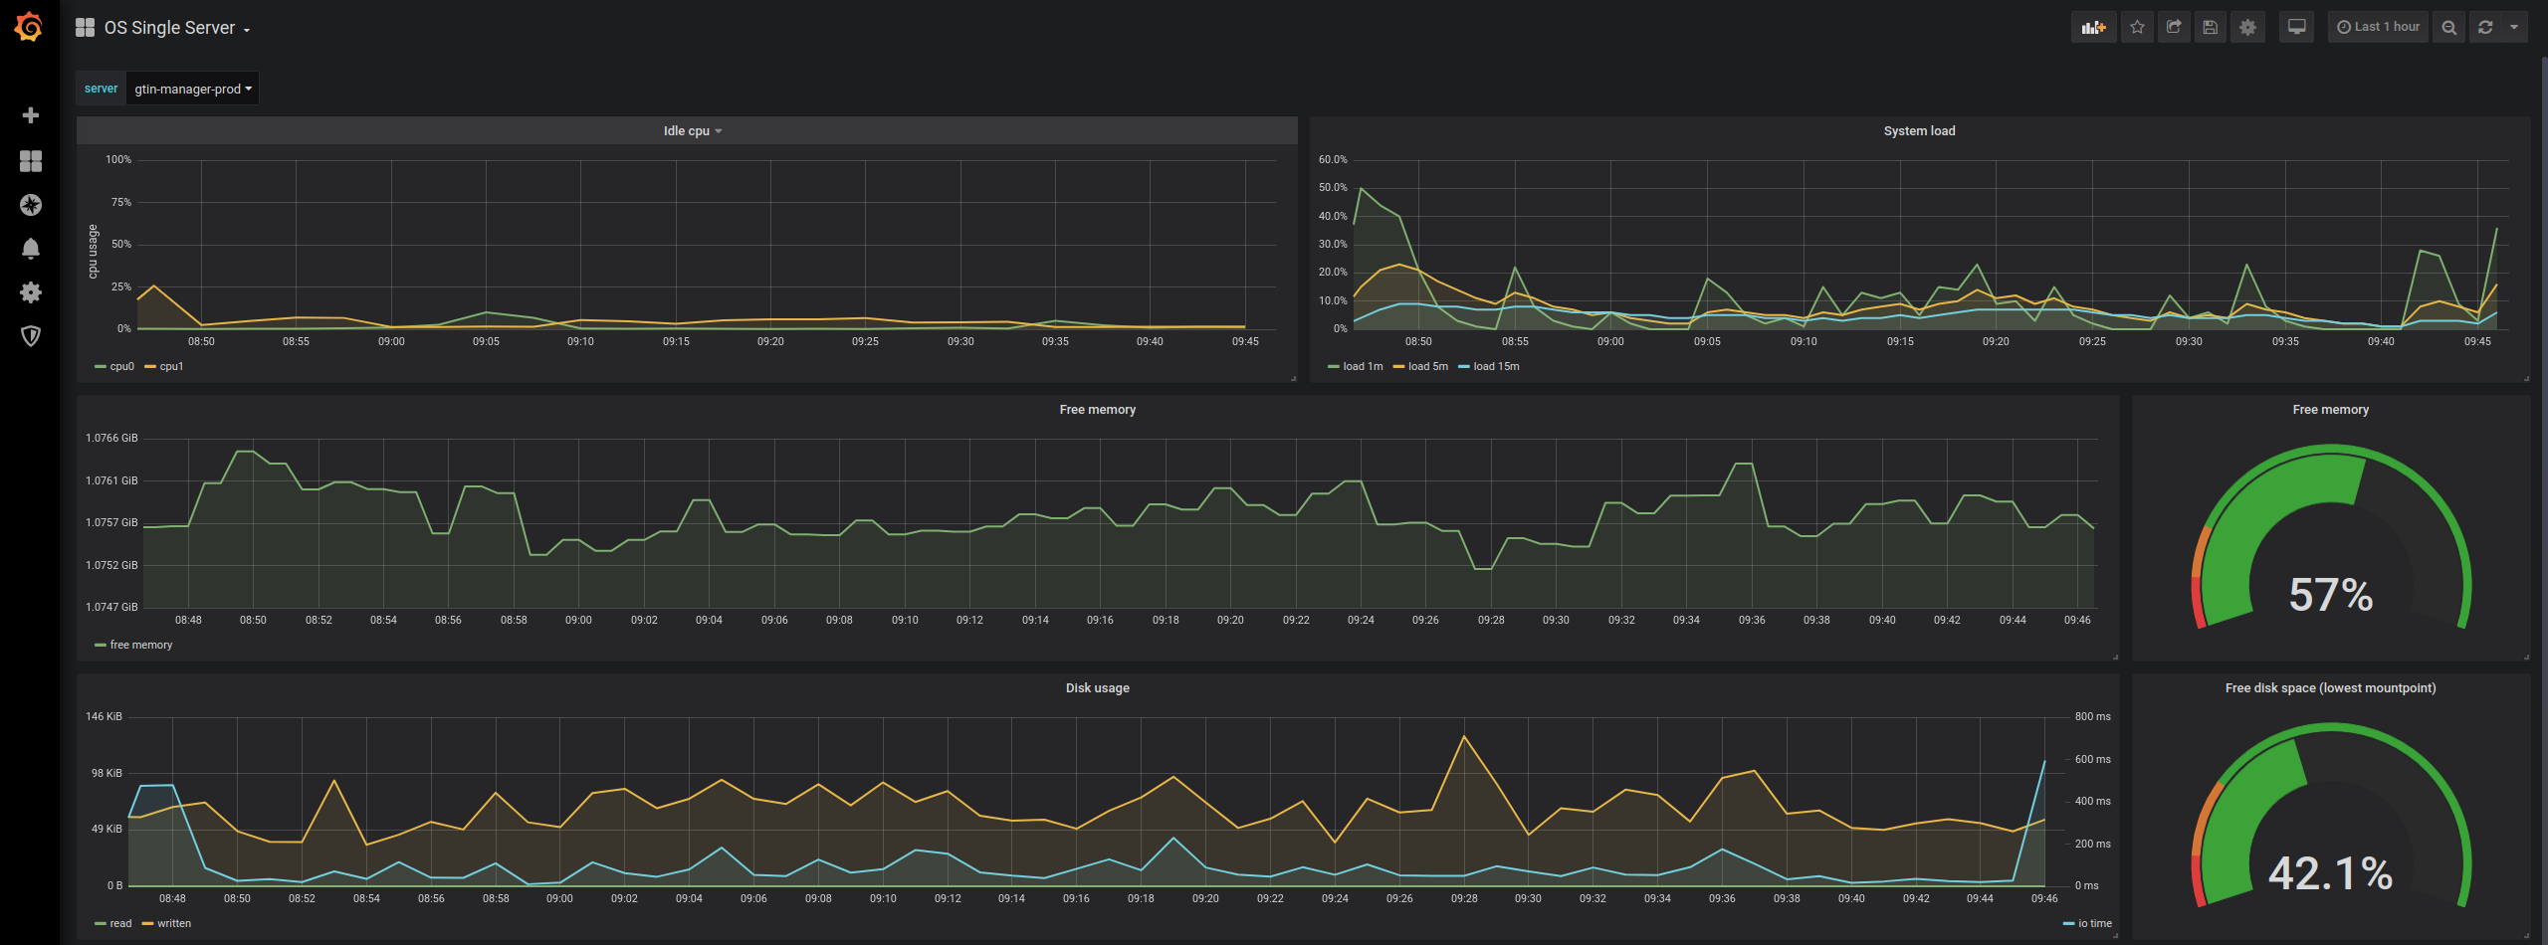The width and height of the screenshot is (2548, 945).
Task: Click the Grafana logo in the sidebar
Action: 29,27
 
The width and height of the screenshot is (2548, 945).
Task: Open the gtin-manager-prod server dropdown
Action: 192,89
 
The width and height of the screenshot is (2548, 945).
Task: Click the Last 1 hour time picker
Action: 2378,27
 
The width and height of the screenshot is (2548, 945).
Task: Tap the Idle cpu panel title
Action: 688,130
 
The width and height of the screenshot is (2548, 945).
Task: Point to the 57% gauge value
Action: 2330,595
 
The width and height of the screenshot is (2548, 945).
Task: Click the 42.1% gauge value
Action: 2330,873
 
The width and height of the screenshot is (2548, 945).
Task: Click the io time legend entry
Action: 2094,923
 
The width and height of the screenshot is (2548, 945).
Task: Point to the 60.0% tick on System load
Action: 1332,159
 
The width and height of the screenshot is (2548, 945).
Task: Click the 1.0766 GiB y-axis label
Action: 111,438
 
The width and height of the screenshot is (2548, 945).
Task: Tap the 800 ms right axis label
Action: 2092,716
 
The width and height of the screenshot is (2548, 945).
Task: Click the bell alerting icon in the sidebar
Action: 31,248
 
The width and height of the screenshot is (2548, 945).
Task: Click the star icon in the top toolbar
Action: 2136,27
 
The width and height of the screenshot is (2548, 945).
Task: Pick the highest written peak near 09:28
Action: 1464,736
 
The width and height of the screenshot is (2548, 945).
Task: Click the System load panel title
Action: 1919,130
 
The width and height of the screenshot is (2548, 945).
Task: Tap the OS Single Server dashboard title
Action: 170,28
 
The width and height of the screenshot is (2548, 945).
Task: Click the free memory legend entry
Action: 140,645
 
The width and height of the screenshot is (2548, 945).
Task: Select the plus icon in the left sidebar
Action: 31,115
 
